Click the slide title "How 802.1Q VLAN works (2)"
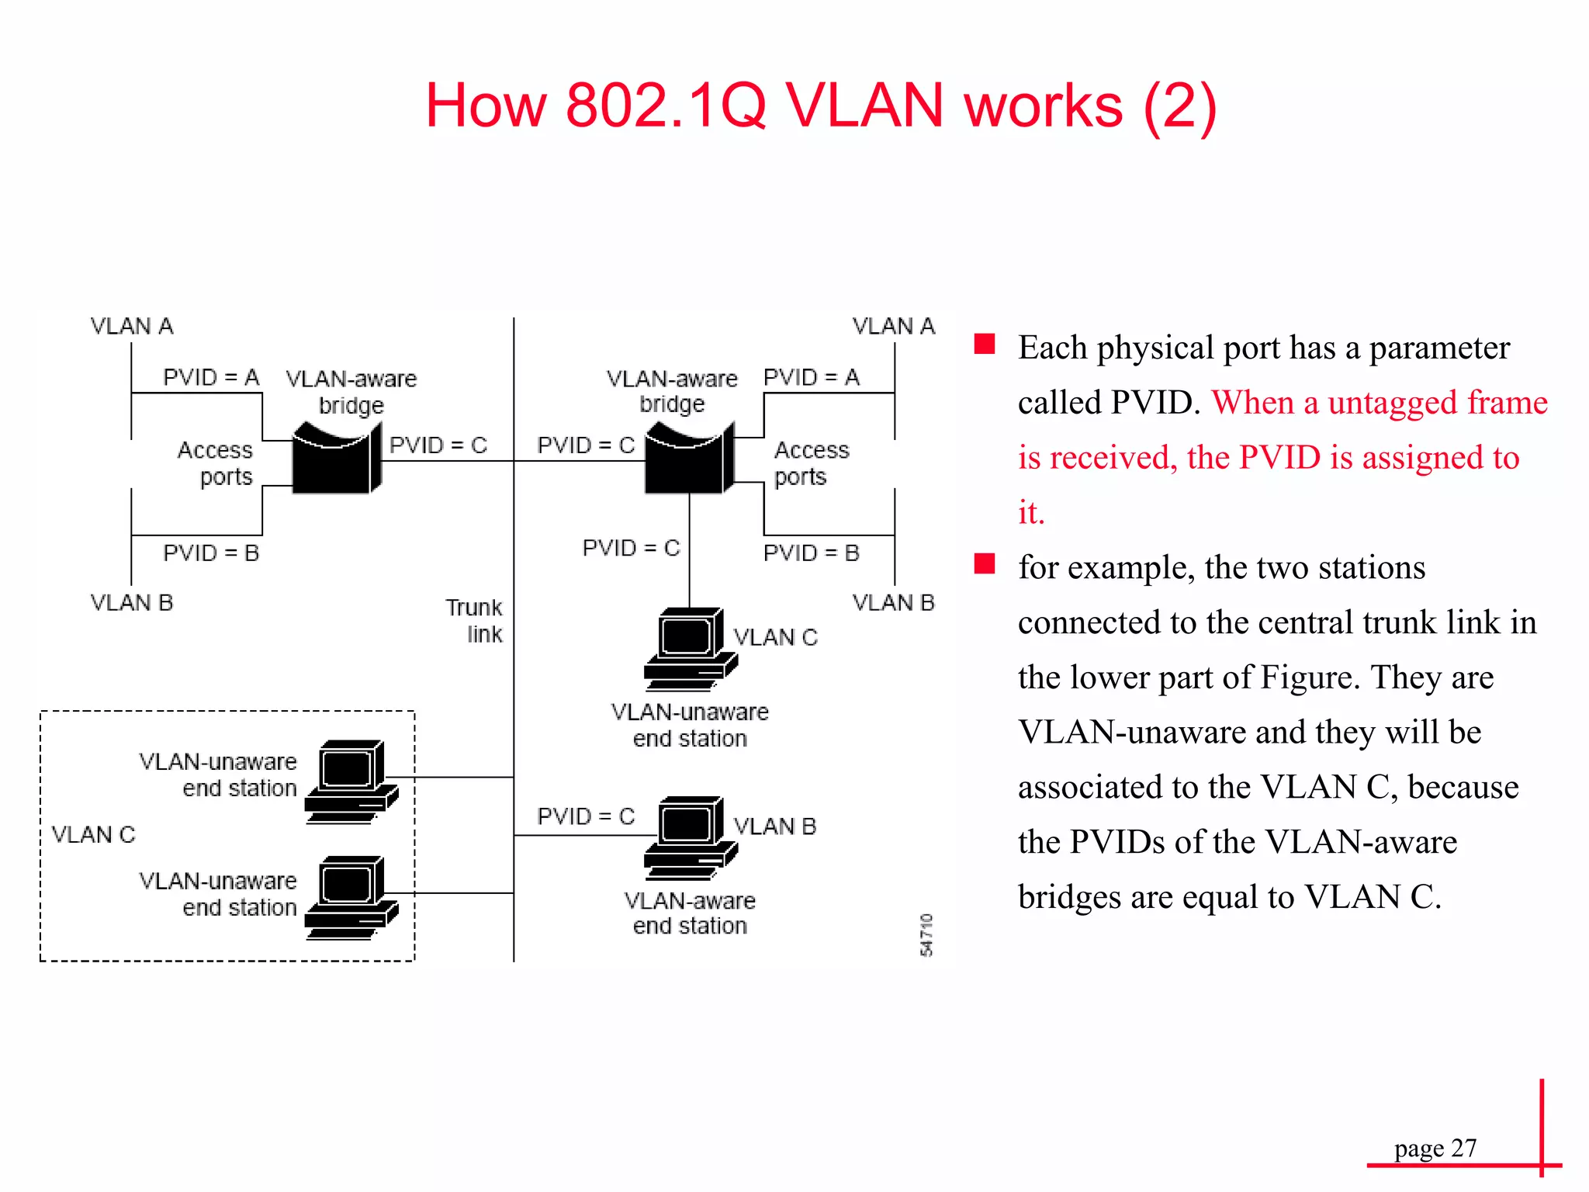(821, 106)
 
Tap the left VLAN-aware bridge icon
(336, 459)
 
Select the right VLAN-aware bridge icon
(689, 459)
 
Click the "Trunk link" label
(474, 621)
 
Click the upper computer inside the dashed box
(351, 781)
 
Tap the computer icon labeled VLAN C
(690, 649)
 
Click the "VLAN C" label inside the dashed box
(93, 835)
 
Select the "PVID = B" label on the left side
(210, 553)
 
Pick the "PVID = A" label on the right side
(811, 378)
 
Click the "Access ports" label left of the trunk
(216, 463)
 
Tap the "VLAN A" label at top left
(132, 327)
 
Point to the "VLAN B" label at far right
(893, 603)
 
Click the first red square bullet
(985, 344)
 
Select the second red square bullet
(985, 563)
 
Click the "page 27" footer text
(1435, 1148)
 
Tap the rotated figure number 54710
(926, 935)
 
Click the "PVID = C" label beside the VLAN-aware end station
(586, 816)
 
